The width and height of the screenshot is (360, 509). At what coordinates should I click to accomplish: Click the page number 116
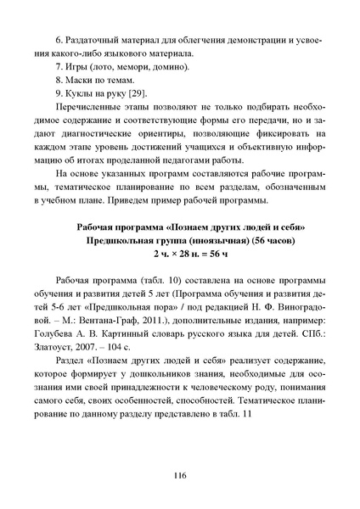[180, 475]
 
